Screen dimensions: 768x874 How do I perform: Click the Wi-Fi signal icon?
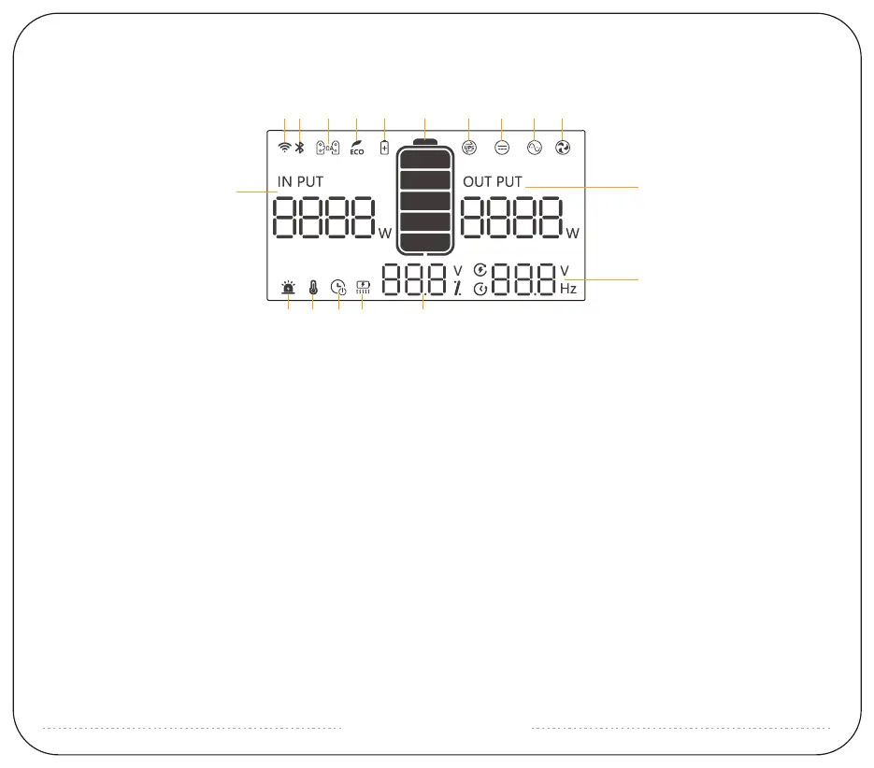pyautogui.click(x=284, y=147)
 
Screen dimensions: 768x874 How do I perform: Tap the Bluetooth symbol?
pyautogui.click(x=299, y=147)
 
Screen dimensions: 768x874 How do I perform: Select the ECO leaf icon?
pyautogui.click(x=356, y=148)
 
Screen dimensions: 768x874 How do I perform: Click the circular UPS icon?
pyautogui.click(x=469, y=148)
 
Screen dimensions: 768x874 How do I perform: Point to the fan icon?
pyautogui.click(x=563, y=148)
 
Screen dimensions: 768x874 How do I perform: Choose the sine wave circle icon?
pyautogui.click(x=534, y=148)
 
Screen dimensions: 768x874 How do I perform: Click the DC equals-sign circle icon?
pyautogui.click(x=502, y=148)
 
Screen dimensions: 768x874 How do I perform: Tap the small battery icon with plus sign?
pyautogui.click(x=384, y=148)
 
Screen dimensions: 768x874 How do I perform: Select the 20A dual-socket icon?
pyautogui.click(x=327, y=148)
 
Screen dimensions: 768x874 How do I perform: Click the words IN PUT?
pyautogui.click(x=300, y=181)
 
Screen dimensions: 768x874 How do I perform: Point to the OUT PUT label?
pyautogui.click(x=493, y=181)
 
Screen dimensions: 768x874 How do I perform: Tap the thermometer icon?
pyautogui.click(x=312, y=289)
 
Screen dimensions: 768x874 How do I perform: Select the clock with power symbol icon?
pyautogui.click(x=339, y=289)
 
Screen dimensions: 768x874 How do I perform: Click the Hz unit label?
pyautogui.click(x=568, y=290)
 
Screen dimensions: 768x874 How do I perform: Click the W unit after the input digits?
pyautogui.click(x=385, y=234)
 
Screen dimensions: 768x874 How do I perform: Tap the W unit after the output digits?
pyautogui.click(x=572, y=233)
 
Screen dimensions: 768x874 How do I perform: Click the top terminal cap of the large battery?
pyautogui.click(x=425, y=143)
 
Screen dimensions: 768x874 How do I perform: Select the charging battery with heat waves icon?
pyautogui.click(x=363, y=289)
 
